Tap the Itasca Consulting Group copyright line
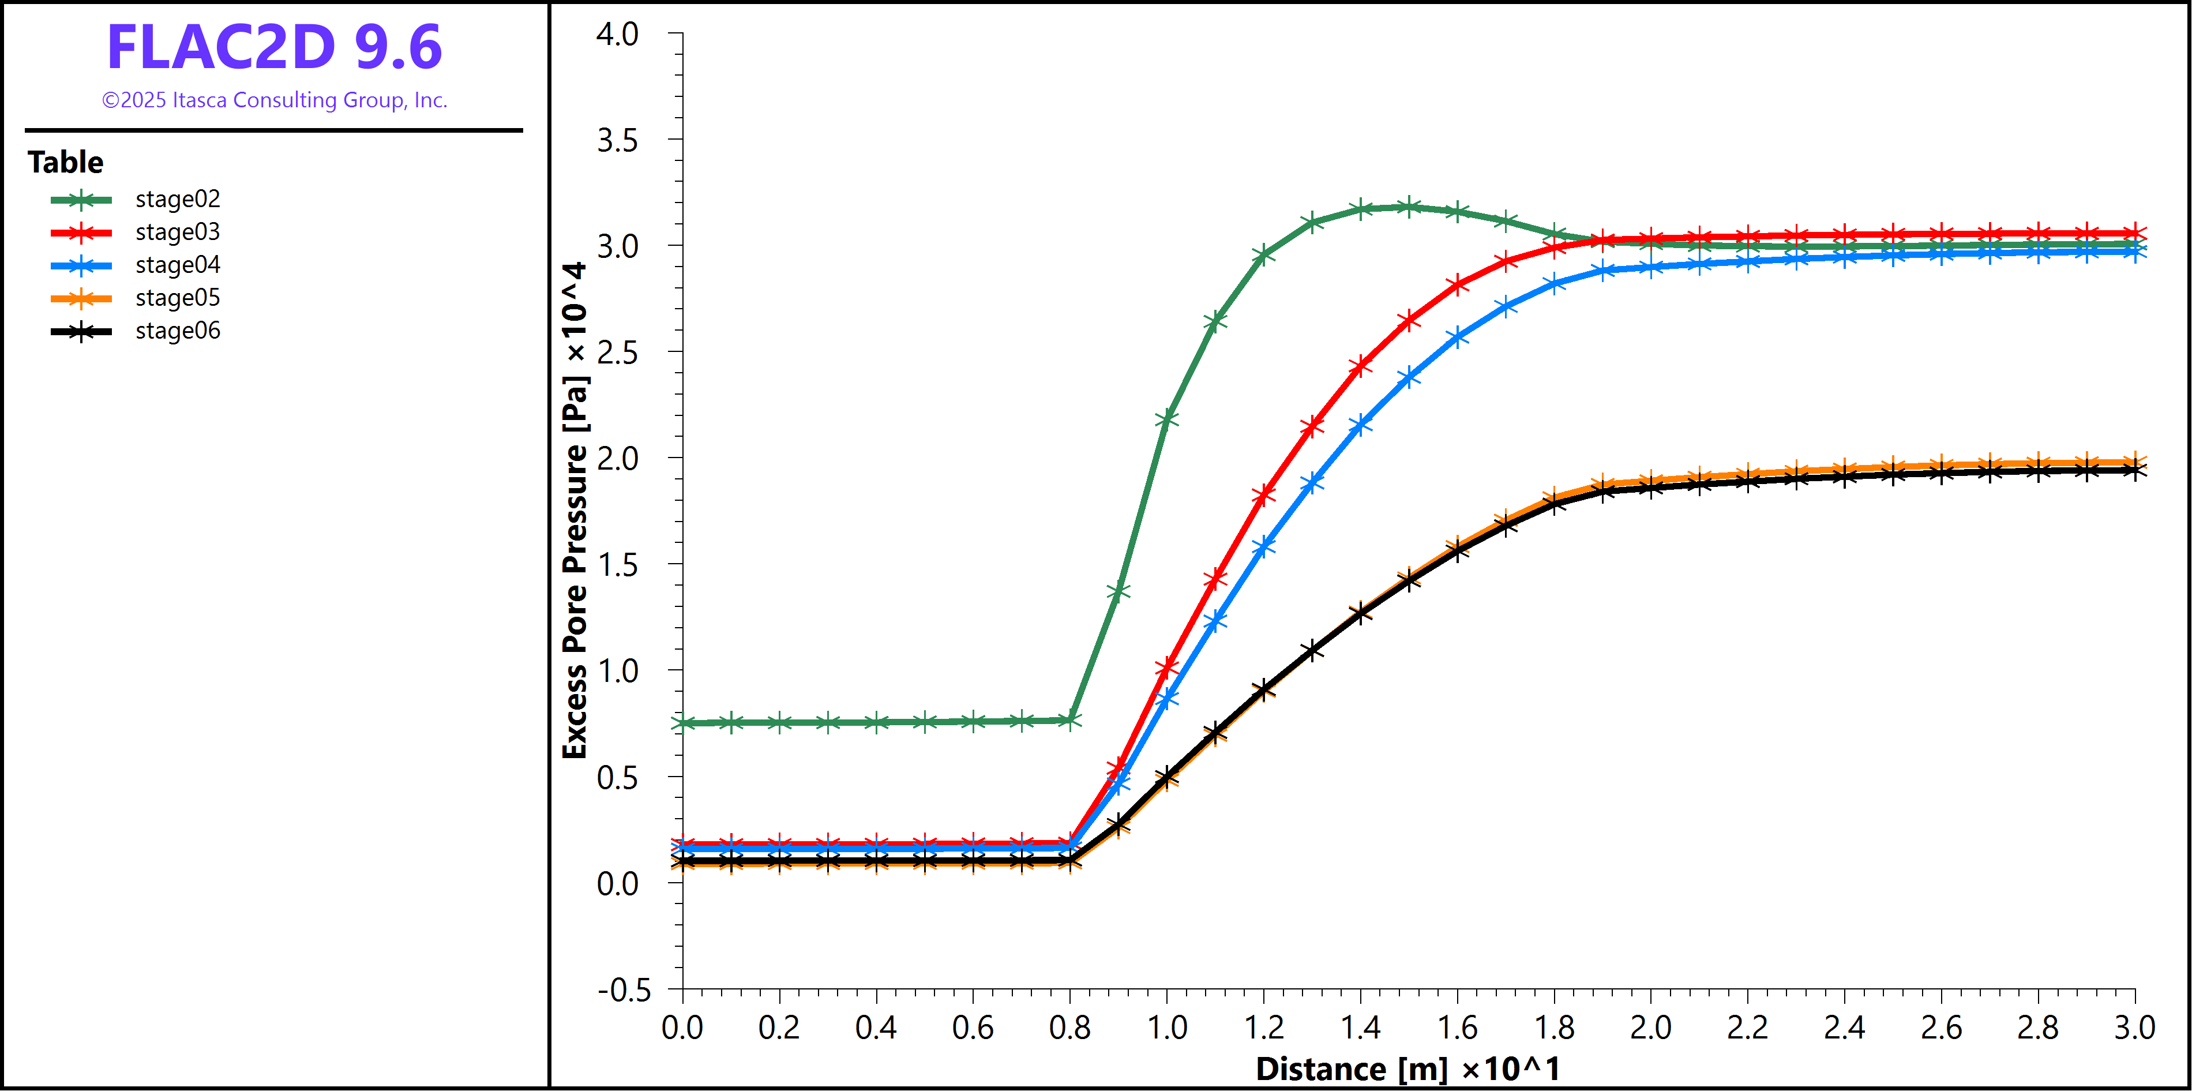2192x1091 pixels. tap(274, 100)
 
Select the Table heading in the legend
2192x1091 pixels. tap(66, 162)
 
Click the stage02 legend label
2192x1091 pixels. tap(177, 199)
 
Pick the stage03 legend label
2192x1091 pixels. tap(177, 233)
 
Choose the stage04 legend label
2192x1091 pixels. tap(177, 265)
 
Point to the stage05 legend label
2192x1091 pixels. tap(177, 298)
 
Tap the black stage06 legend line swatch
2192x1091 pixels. tap(81, 331)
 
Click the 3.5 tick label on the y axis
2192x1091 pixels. tap(617, 140)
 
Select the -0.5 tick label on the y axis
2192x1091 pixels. tap(624, 989)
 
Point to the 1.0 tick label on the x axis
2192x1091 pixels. tap(1166, 1028)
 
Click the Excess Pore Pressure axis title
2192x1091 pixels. tap(575, 511)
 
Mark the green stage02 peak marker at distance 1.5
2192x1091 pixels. tap(1409, 207)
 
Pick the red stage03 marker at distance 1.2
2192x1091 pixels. tap(1264, 494)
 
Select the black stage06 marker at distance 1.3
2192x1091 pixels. tap(1312, 651)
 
